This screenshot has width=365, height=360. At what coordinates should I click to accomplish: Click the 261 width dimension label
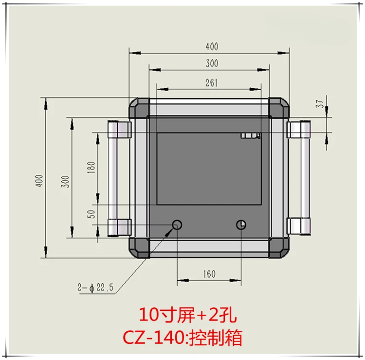coord(211,83)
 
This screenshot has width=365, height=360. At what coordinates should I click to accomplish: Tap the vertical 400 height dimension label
coord(39,181)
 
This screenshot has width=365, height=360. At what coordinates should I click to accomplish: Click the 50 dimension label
coord(91,214)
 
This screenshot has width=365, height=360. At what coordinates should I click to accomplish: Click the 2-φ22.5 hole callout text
coord(95,287)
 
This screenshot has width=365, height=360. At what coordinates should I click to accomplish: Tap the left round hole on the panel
coord(177,225)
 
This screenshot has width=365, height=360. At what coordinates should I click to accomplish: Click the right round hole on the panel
coord(241,225)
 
